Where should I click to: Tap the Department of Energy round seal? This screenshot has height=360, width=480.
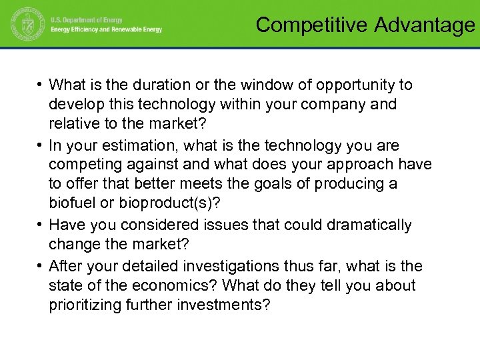click(25, 25)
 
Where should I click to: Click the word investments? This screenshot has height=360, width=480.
click(223, 306)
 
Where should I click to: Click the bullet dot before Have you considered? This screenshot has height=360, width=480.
click(41, 225)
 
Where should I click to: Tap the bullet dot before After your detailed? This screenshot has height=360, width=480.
click(41, 266)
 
